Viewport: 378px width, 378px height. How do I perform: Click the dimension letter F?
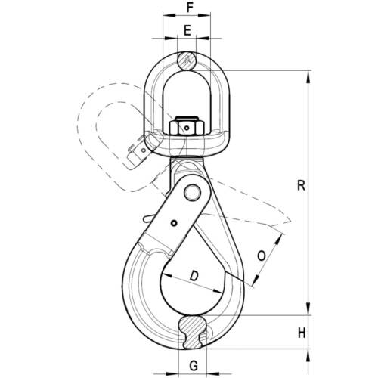(190, 8)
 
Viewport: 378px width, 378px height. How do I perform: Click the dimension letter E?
(187, 31)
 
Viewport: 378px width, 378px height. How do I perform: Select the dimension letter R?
(302, 185)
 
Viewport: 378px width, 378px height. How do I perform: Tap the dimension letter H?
(302, 333)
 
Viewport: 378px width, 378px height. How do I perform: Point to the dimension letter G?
(194, 365)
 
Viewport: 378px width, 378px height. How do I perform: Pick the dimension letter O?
(262, 256)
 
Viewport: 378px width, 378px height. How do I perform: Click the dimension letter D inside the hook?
(194, 276)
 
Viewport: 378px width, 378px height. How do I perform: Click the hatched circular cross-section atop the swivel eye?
(187, 60)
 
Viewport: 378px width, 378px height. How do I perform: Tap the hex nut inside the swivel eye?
(186, 127)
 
